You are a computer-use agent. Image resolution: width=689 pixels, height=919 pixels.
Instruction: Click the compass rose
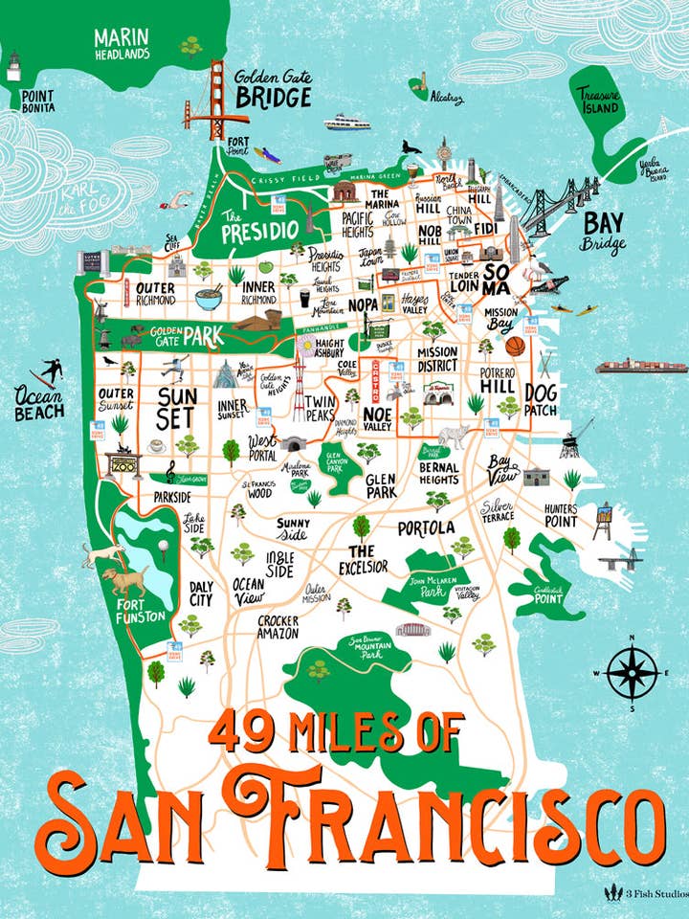pos(633,672)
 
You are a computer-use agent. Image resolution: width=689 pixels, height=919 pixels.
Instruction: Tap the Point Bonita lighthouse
pos(13,66)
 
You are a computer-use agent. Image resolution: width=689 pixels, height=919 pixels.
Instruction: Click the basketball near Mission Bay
pos(516,346)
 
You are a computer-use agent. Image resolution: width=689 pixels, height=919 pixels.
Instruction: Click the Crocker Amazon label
pos(278,627)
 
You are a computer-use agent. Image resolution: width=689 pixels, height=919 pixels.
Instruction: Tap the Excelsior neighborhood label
pos(361,559)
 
